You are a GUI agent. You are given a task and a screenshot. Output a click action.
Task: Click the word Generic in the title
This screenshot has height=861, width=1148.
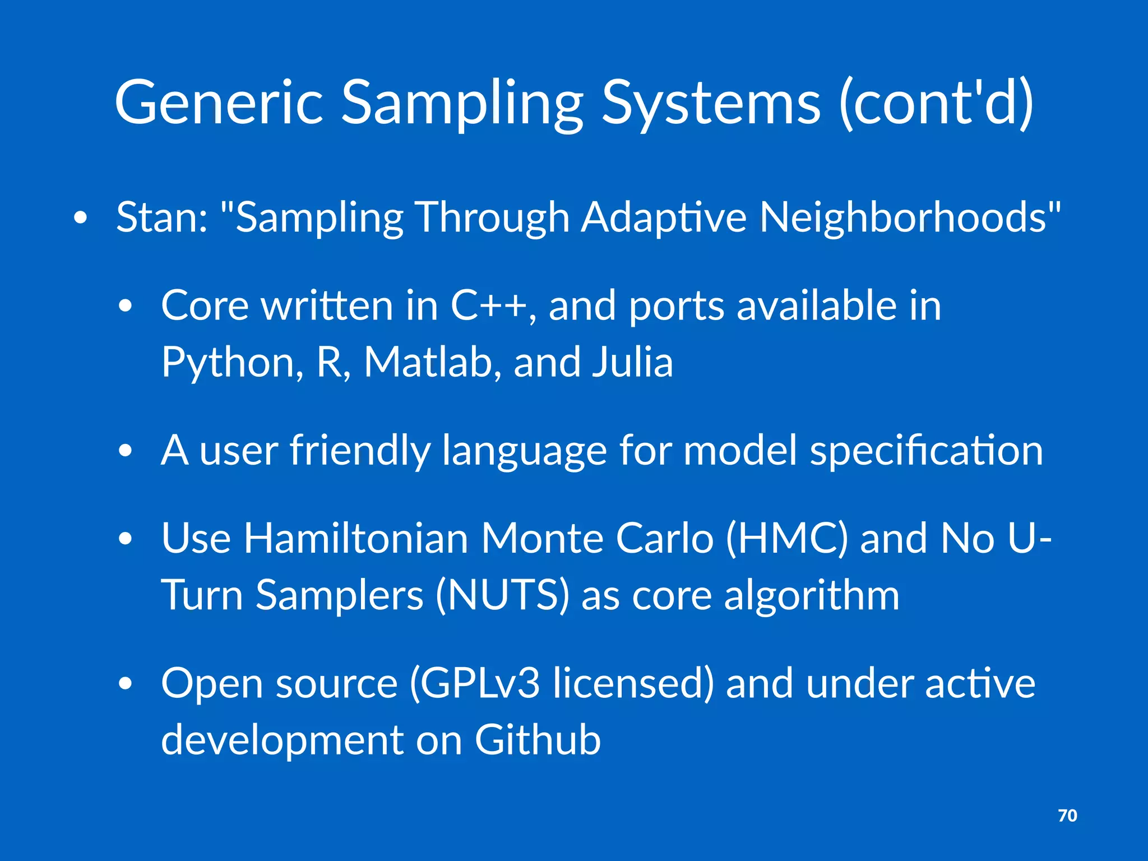click(x=219, y=103)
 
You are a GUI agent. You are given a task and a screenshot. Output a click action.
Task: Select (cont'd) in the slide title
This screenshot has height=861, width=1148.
click(x=936, y=103)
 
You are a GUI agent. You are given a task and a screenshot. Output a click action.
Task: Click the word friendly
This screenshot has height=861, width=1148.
click(x=359, y=451)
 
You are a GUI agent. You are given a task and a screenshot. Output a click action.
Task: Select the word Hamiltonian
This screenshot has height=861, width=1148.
click(x=355, y=539)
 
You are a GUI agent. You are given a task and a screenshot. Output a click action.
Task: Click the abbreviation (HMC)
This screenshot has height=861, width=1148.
click(x=786, y=539)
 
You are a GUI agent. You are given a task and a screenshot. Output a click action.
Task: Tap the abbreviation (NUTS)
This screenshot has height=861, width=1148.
click(x=502, y=595)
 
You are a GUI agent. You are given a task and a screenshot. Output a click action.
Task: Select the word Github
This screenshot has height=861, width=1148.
click(x=538, y=740)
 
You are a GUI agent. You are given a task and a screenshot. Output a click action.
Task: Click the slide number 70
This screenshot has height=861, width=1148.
click(x=1067, y=816)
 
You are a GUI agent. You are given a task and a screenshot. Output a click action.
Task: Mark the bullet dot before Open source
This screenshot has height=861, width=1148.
click(x=126, y=684)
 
